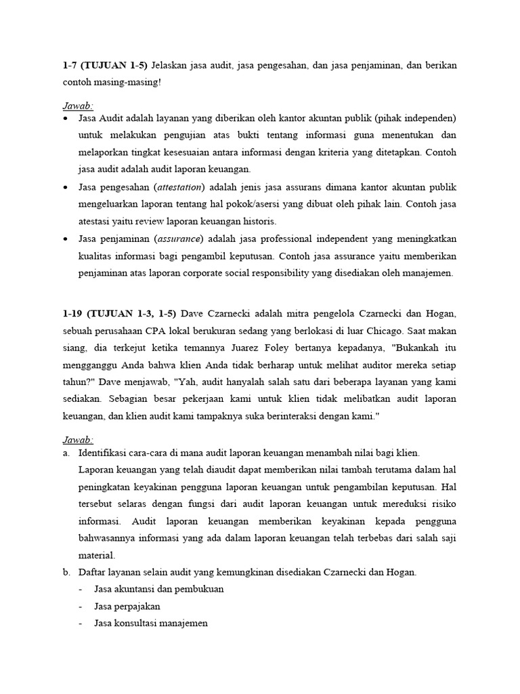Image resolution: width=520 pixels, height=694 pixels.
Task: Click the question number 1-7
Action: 70,65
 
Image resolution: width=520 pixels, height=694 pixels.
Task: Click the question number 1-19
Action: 72,313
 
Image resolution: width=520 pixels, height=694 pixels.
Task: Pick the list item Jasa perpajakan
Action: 127,606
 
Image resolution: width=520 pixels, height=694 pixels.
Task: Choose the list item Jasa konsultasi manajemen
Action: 151,623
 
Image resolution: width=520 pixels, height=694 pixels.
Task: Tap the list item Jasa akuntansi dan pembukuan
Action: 159,589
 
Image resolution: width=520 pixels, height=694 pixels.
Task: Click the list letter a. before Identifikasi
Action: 66,452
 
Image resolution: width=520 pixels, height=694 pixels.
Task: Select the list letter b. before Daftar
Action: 66,572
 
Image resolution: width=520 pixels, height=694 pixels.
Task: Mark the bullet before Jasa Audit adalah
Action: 65,117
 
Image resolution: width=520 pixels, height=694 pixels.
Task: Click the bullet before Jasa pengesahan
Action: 65,187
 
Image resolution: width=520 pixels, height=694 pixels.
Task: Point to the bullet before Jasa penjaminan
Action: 65,239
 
